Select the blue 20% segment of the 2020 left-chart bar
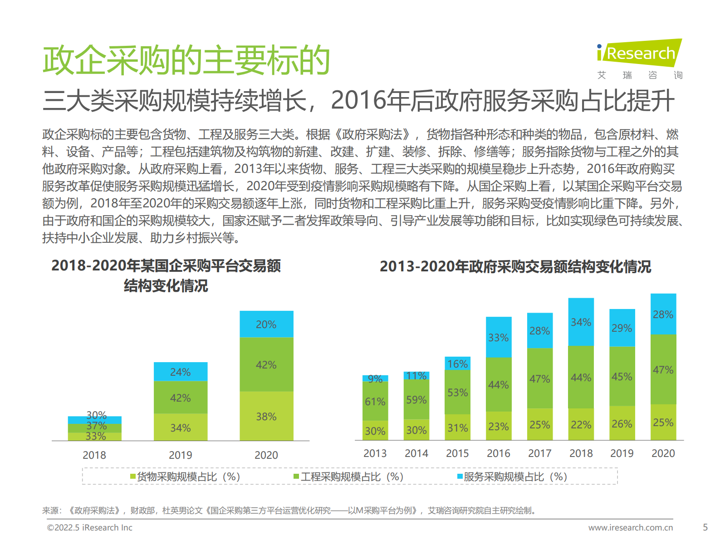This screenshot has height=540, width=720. tap(266, 324)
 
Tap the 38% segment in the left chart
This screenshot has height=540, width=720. tap(266, 416)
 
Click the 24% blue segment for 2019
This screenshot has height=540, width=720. tap(180, 372)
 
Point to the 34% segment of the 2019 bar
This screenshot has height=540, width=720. tap(180, 427)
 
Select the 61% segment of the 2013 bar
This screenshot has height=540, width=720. tap(375, 401)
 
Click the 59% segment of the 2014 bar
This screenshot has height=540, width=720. tap(416, 399)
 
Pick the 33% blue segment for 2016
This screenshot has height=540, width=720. tap(498, 337)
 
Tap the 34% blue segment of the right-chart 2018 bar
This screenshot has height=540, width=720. tap(581, 322)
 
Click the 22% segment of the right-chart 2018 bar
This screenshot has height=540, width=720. tap(581, 424)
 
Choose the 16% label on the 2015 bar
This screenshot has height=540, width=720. tap(457, 363)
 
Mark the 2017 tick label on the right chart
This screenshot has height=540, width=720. tap(539, 453)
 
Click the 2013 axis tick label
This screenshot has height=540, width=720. tap(375, 453)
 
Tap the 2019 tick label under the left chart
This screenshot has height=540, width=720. tap(180, 455)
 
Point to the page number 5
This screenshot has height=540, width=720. tap(705, 527)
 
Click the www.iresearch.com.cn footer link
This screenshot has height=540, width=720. tap(631, 527)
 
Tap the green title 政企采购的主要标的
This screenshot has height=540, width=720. tap(186, 60)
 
